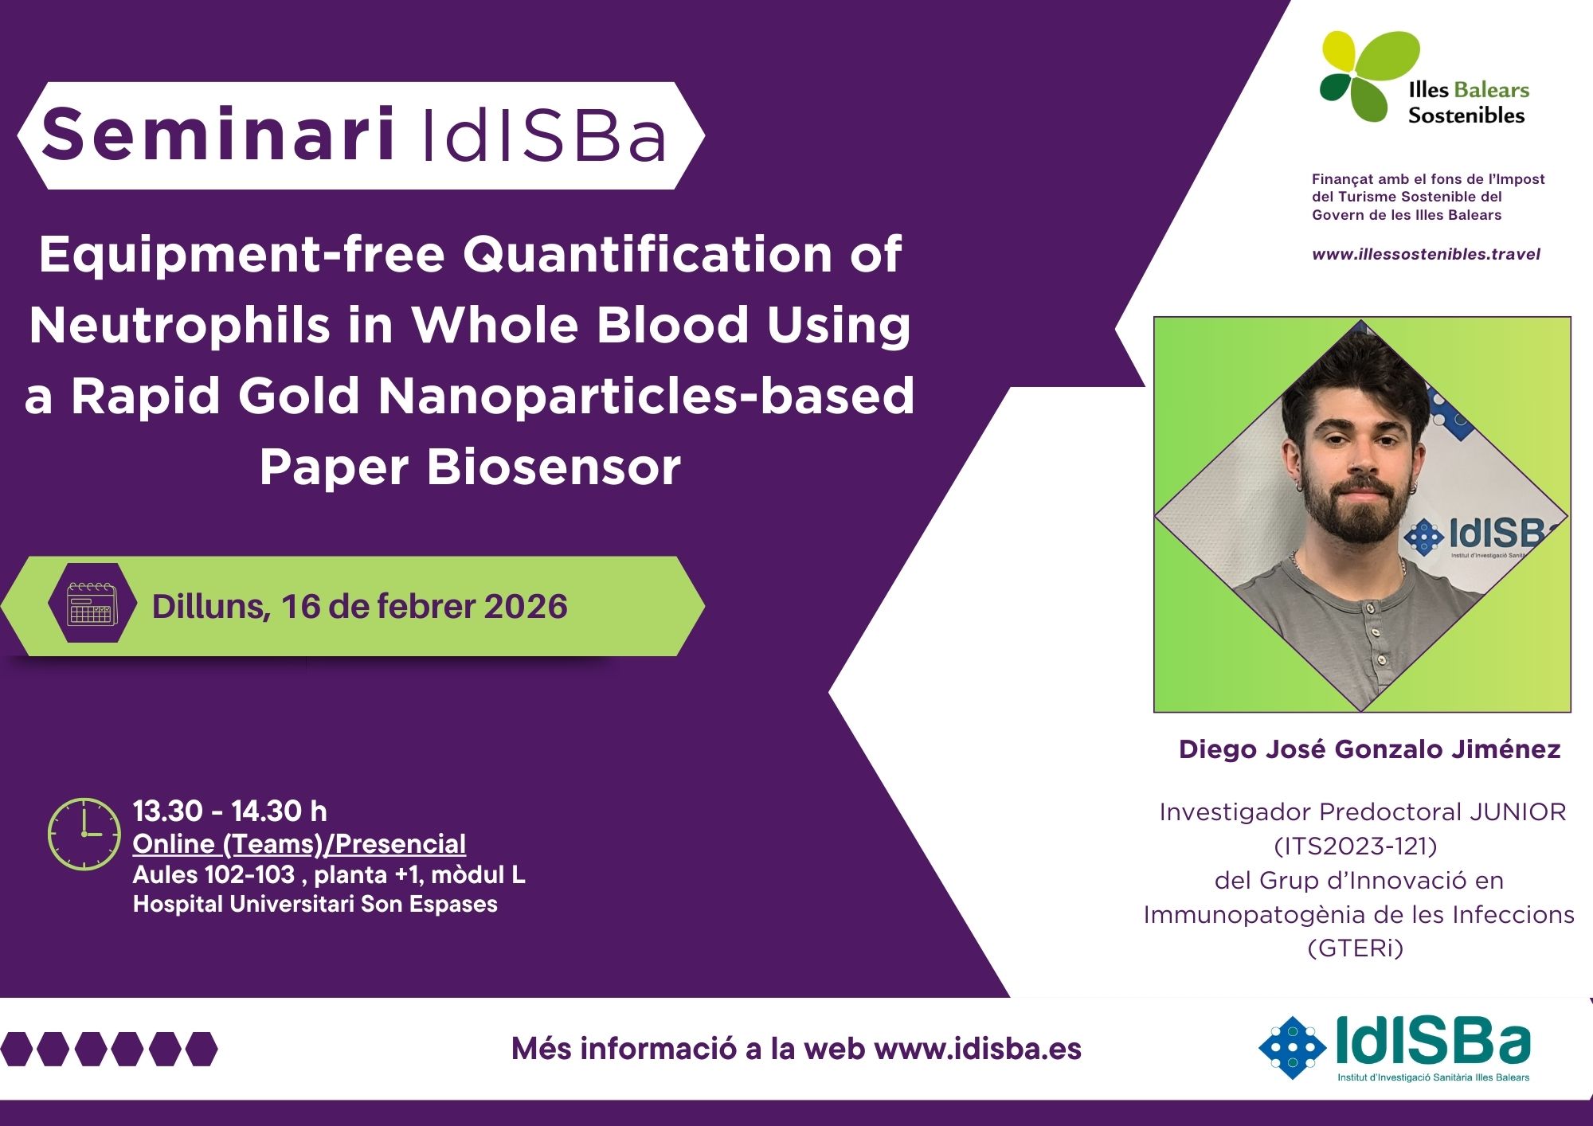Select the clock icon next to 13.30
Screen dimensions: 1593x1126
click(x=84, y=834)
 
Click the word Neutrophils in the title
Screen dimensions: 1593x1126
click(x=179, y=326)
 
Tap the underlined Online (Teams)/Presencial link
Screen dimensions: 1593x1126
click(x=299, y=844)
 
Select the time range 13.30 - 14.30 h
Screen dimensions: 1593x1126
click(x=230, y=811)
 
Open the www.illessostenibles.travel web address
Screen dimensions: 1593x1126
click(x=1426, y=254)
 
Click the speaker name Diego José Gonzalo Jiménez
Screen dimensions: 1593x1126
click(x=1369, y=749)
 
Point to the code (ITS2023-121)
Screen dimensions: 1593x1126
click(x=1356, y=846)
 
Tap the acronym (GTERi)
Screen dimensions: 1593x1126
click(x=1356, y=948)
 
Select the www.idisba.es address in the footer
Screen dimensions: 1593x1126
click(x=978, y=1050)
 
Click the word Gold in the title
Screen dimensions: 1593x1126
click(x=299, y=396)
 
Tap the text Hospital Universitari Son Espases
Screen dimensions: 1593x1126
click(x=315, y=905)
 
